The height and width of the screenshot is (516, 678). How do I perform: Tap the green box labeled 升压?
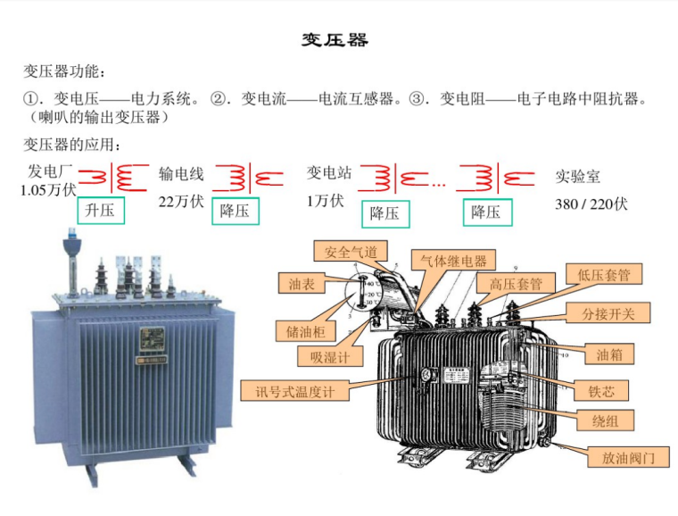100,210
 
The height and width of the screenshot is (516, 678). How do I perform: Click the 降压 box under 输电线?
235,211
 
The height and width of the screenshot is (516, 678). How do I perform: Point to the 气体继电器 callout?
454,261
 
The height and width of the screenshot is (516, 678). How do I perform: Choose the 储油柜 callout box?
305,331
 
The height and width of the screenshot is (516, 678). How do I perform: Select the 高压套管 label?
516,283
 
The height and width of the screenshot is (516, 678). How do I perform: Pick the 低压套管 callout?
603,274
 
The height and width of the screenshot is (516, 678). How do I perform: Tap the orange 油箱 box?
610,354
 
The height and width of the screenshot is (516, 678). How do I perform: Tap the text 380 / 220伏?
591,204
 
